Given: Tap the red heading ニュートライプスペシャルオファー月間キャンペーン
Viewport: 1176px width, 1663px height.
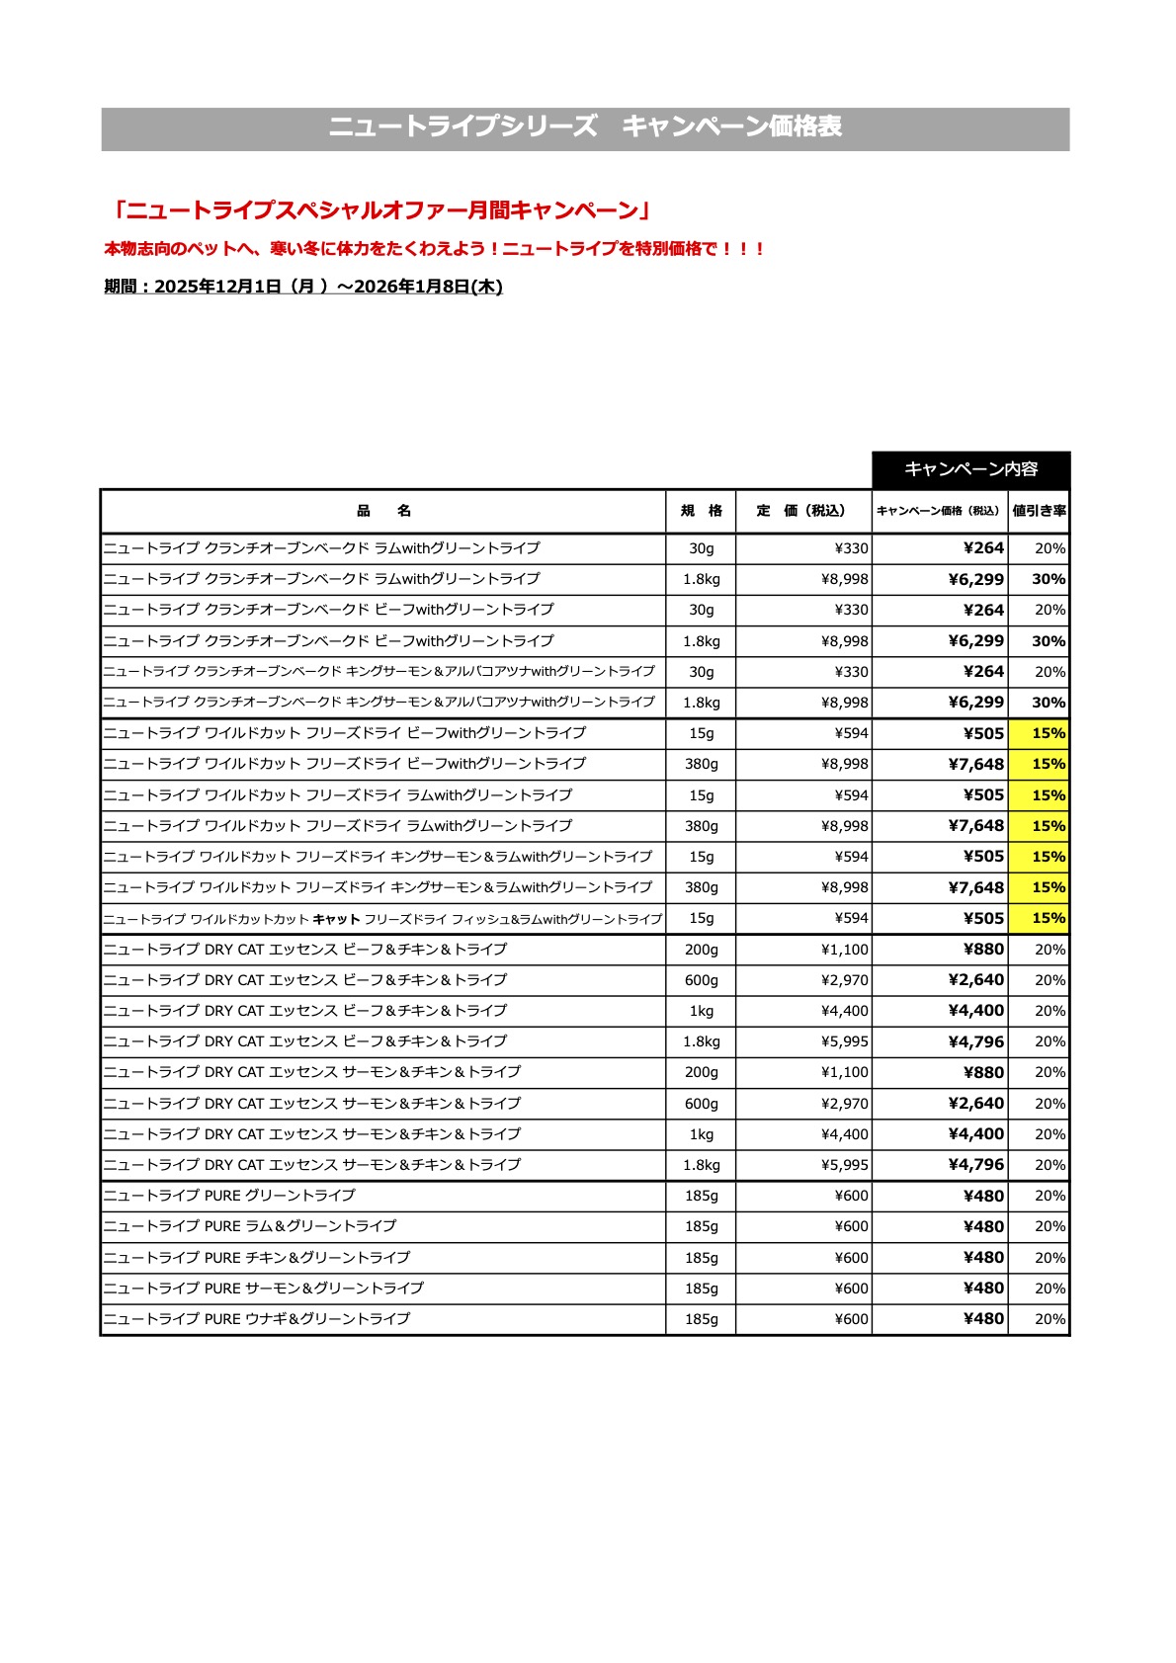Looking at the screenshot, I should click(x=380, y=210).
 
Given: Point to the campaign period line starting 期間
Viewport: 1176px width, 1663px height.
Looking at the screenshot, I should click(x=303, y=287).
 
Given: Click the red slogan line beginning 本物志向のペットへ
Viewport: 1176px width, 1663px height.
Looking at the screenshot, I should click(x=435, y=249).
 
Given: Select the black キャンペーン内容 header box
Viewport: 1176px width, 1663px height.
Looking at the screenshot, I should click(x=970, y=469).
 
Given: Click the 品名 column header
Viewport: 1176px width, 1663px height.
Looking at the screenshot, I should click(x=383, y=511).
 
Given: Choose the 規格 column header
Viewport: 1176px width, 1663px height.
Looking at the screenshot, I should click(x=701, y=511).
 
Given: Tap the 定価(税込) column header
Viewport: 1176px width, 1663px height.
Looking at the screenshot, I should click(x=802, y=511).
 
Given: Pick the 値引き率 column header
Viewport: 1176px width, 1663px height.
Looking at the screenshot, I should click(x=1039, y=511).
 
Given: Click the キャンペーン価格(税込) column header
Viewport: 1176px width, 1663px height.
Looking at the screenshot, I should click(x=939, y=511).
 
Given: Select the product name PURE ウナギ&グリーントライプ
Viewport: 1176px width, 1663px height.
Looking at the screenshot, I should click(x=257, y=1319).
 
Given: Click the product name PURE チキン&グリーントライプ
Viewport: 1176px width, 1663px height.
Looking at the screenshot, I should click(x=257, y=1258).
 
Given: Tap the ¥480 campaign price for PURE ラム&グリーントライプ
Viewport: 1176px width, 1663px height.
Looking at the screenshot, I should click(x=983, y=1226).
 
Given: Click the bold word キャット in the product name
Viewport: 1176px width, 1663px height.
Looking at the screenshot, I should click(x=336, y=919).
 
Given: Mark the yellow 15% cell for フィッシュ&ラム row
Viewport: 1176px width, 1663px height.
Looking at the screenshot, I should click(x=1048, y=918).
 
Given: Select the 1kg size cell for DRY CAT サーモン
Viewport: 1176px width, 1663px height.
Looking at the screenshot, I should click(x=701, y=1134).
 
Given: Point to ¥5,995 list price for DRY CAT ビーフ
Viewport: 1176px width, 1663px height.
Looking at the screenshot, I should click(x=845, y=1041).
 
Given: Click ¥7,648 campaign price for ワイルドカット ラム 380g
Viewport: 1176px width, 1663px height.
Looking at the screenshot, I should click(x=975, y=826).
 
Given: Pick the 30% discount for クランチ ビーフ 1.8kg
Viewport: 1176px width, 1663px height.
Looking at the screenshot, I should click(x=1048, y=641).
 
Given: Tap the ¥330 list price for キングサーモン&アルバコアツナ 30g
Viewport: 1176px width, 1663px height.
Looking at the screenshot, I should click(x=851, y=672).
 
